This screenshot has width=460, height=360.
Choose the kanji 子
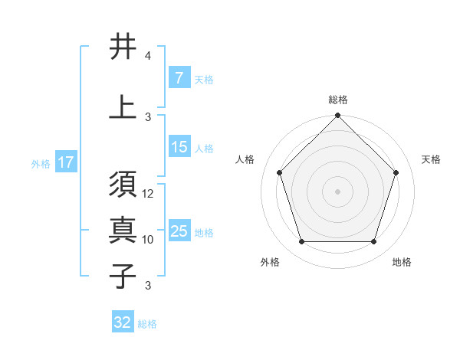point(123,275)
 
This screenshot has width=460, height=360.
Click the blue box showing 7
point(179,78)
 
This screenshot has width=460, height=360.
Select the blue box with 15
point(179,147)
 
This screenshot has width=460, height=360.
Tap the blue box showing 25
point(179,231)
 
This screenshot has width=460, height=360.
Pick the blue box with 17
point(66,162)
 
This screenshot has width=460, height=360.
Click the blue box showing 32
point(123,322)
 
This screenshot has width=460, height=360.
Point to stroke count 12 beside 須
point(149,194)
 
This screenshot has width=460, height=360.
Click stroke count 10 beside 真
point(148,239)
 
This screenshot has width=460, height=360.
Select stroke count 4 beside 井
point(148,56)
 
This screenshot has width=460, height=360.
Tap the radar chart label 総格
point(338,100)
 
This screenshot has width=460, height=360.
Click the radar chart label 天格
point(431,159)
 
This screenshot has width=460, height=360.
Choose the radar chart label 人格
point(245,159)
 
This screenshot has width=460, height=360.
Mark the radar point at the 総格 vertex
point(338,116)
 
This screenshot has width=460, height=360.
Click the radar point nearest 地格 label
point(373,242)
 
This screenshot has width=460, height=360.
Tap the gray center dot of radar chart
point(338,191)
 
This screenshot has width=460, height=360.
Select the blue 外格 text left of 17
point(41,163)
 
